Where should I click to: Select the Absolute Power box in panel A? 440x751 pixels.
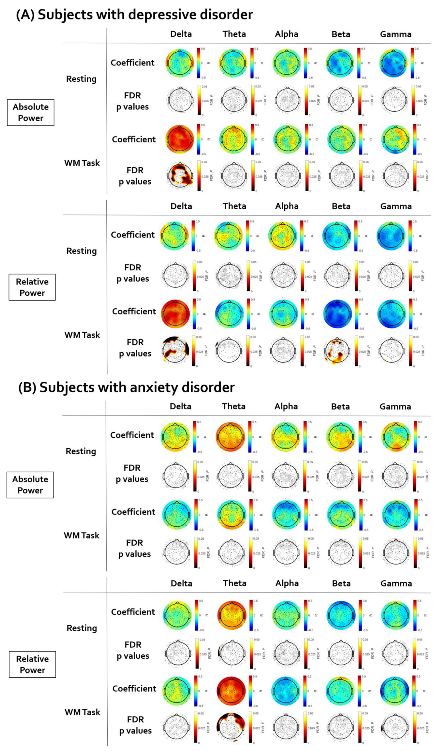point(31,113)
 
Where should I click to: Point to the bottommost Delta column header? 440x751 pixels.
point(181,583)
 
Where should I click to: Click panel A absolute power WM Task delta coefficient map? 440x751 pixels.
point(180,139)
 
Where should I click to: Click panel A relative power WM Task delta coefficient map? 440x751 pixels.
point(175,314)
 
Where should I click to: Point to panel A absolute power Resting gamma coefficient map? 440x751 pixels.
point(393,63)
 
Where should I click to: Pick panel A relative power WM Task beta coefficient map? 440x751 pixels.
point(338,314)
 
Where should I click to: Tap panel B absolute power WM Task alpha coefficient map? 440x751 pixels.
point(287,515)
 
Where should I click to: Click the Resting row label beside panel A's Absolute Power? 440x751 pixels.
point(81,79)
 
